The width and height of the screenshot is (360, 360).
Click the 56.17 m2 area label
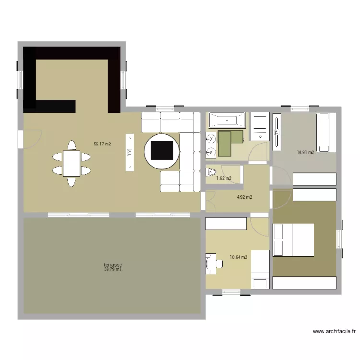[x=102, y=144]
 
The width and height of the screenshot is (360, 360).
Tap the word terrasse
[x=112, y=264]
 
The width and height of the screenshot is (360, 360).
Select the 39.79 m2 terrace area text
[x=112, y=270]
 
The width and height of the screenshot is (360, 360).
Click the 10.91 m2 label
[x=305, y=153]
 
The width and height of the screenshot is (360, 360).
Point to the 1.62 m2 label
[x=224, y=178]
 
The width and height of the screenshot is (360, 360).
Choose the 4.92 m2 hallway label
[x=244, y=197]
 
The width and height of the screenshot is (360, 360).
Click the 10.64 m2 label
[x=239, y=257]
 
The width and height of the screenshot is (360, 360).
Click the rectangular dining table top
[x=72, y=163]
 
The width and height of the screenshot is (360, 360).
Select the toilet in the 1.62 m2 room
[x=211, y=171]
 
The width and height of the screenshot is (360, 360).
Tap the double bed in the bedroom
[x=293, y=240]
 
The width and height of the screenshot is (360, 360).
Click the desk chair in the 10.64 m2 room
[x=218, y=264]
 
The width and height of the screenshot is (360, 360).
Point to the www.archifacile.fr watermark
[x=334, y=331]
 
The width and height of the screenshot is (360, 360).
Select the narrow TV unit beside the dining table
[x=129, y=152]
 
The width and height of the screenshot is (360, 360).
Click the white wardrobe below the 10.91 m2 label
[x=314, y=179]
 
